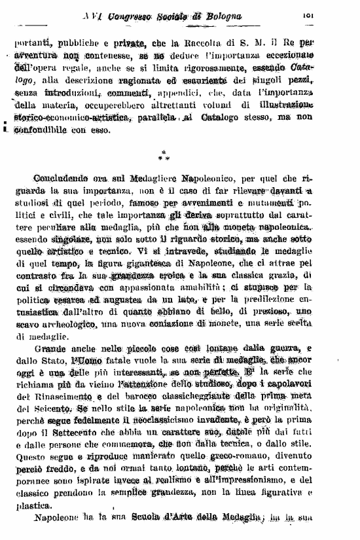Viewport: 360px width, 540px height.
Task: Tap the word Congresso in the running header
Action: (130, 16)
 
